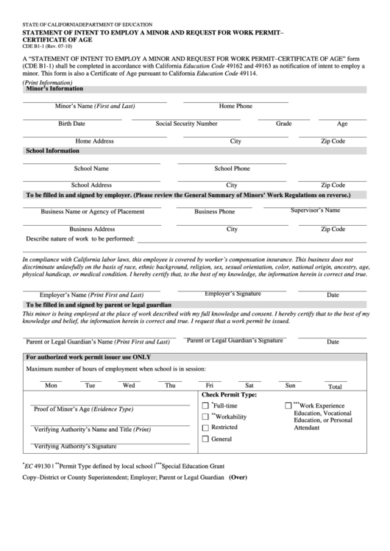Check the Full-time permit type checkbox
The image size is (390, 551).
click(x=205, y=406)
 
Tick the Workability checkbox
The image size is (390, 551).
click(x=205, y=417)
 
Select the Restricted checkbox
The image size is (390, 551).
click(x=205, y=427)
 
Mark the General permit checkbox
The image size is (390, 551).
click(x=205, y=439)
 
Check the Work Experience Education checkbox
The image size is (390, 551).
click(x=288, y=406)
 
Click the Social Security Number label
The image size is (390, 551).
click(x=186, y=124)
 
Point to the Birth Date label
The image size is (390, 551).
click(x=71, y=124)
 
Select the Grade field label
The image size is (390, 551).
click(x=283, y=124)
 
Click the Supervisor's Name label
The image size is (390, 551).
click(x=315, y=210)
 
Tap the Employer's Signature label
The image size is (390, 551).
click(x=233, y=294)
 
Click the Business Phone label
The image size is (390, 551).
click(x=215, y=212)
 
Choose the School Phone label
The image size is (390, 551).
click(x=232, y=168)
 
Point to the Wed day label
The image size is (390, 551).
click(x=129, y=385)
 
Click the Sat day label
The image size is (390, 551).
click(x=249, y=385)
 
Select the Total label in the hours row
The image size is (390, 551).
click(x=335, y=386)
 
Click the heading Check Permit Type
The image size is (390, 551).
click(x=229, y=395)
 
